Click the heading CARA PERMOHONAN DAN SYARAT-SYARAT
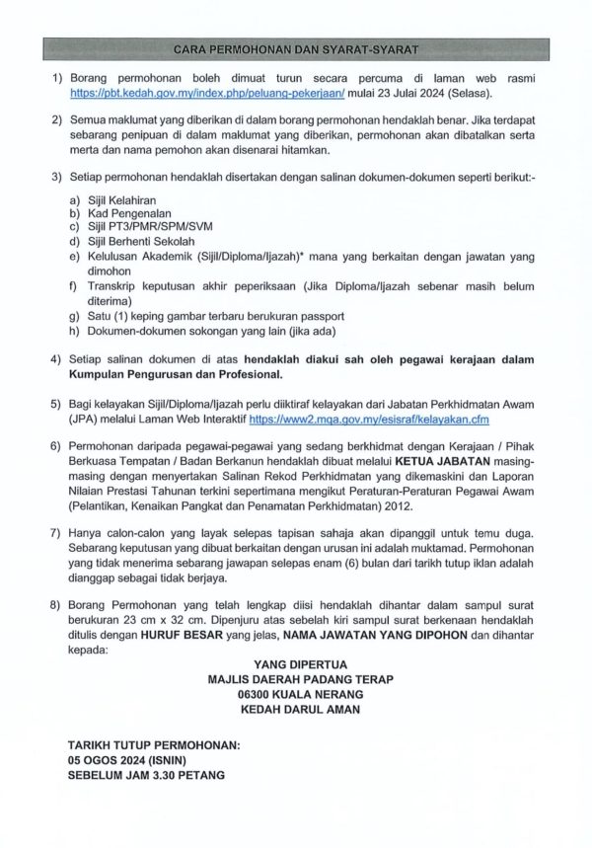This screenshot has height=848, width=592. (x=296, y=47)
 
